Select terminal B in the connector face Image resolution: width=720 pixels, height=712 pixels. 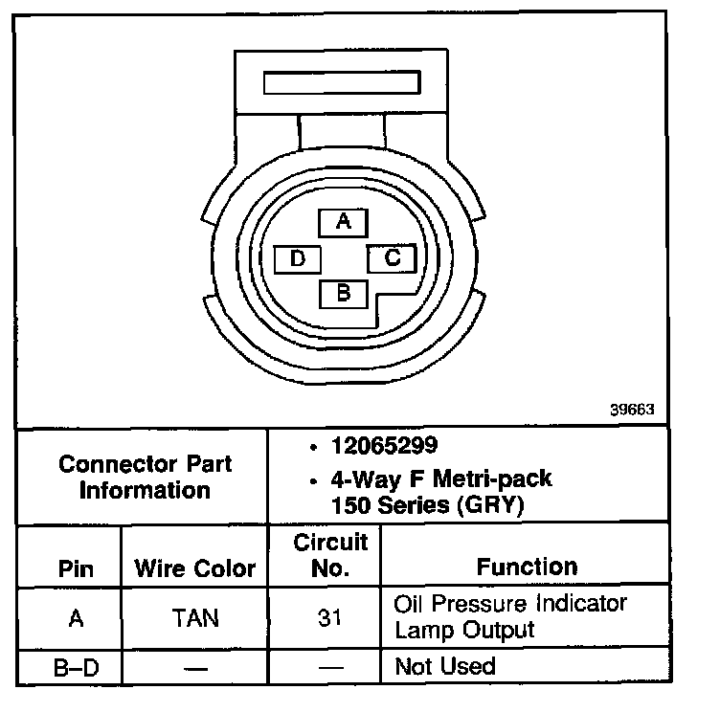(344, 293)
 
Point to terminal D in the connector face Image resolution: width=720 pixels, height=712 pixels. (298, 258)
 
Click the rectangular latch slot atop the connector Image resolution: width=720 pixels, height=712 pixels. (342, 82)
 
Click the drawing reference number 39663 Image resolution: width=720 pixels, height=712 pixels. (632, 409)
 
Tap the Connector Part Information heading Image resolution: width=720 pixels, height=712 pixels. (145, 478)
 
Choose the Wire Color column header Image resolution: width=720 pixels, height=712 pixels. (195, 568)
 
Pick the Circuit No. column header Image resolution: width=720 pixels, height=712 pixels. (330, 556)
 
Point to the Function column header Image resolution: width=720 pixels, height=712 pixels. (527, 567)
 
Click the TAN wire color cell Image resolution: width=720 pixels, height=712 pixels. (195, 618)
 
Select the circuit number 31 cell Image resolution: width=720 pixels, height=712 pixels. (330, 618)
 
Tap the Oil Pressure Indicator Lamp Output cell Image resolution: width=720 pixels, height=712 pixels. (510, 617)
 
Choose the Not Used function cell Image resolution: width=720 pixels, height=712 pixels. (445, 666)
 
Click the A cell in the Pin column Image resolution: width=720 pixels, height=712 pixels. (76, 618)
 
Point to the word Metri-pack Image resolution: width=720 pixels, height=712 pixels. (485, 478)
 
